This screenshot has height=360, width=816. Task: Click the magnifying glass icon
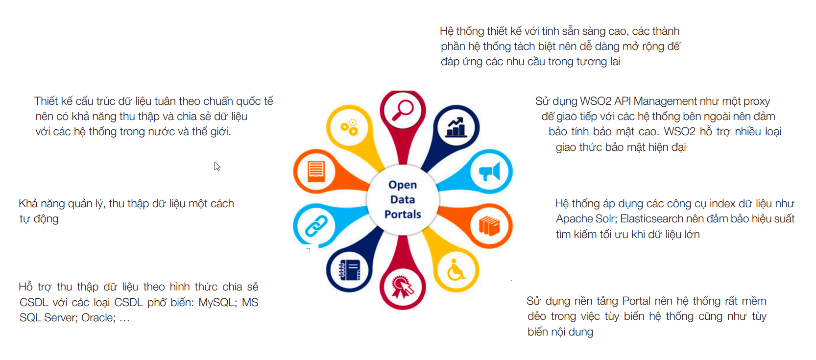click(x=402, y=110)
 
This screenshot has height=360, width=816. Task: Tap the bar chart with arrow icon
click(x=456, y=127)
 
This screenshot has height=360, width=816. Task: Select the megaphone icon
click(x=489, y=171)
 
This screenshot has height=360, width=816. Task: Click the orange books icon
click(x=489, y=226)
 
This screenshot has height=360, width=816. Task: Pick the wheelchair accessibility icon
click(x=456, y=270)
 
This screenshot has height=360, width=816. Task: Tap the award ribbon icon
click(x=402, y=287)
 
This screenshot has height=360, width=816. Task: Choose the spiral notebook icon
click(x=349, y=270)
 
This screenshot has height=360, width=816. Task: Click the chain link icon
click(x=316, y=226)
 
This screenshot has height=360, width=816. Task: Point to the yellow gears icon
click(x=349, y=127)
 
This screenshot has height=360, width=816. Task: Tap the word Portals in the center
click(x=403, y=214)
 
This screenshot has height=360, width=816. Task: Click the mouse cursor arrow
click(x=217, y=167)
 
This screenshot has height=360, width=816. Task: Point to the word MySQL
click(x=216, y=302)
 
